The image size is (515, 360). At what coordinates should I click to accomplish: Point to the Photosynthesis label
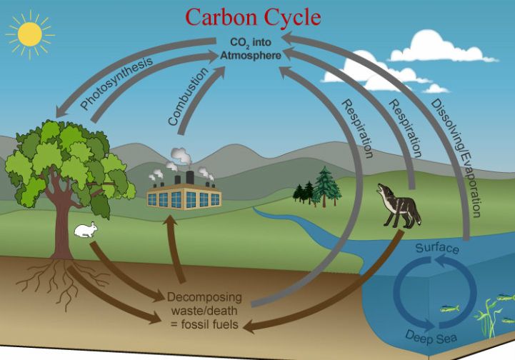(116, 84)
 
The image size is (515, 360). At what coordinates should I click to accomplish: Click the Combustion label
(190, 97)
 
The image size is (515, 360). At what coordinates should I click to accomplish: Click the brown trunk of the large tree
(61, 221)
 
